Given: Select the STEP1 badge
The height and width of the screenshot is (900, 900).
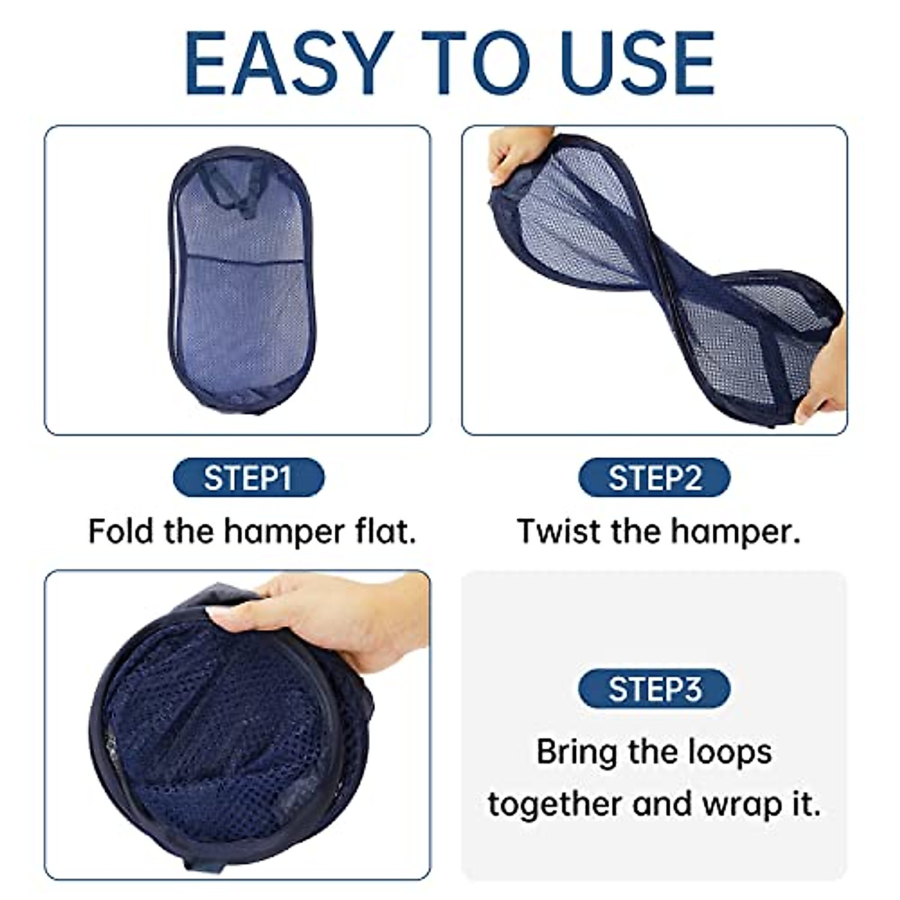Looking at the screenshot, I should click(x=248, y=478).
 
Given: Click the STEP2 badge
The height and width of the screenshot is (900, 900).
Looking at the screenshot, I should click(x=654, y=478).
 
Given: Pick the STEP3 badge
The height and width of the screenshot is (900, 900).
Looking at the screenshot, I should click(x=654, y=688).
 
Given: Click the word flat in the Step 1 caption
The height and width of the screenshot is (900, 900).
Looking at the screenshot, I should click(x=385, y=531).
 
